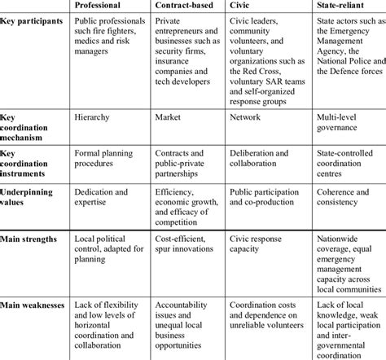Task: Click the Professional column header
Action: [x=100, y=7]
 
